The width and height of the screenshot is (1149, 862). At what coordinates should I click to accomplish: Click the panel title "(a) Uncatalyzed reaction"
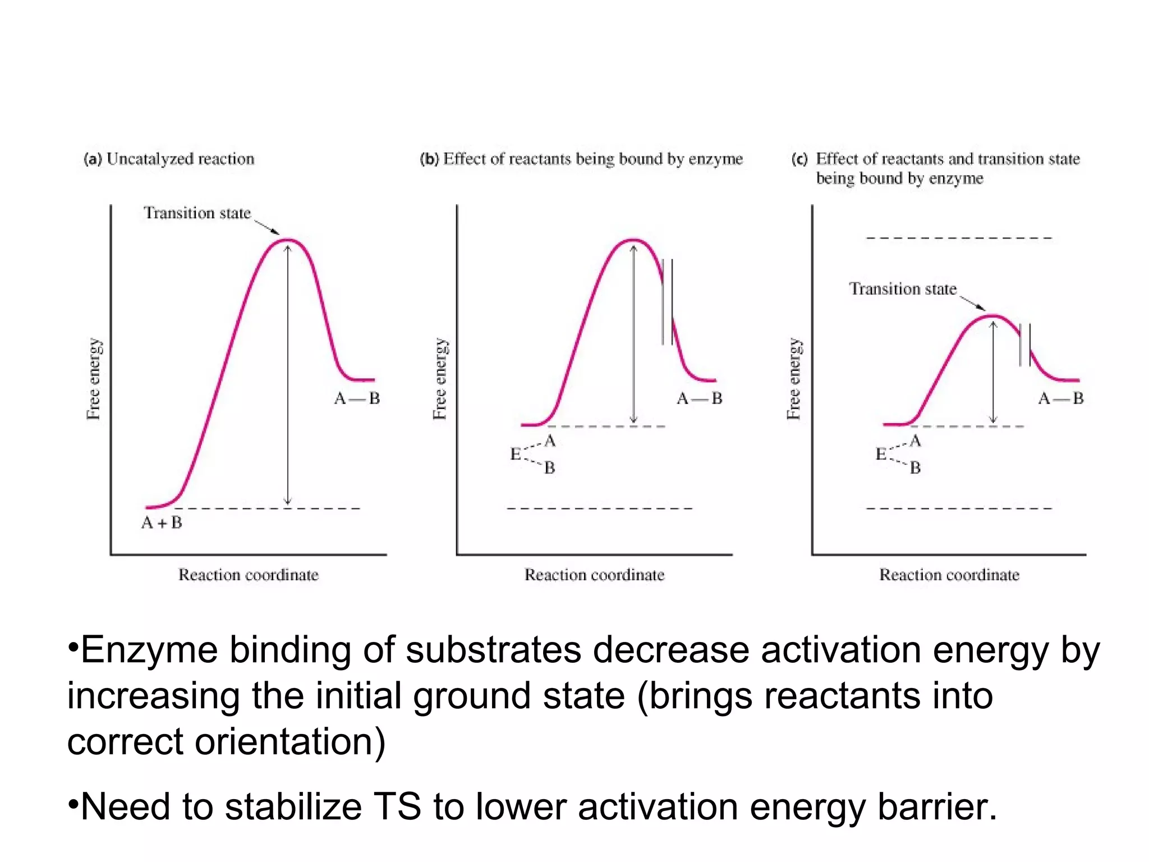(169, 159)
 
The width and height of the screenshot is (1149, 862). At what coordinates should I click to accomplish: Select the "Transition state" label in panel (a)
(197, 213)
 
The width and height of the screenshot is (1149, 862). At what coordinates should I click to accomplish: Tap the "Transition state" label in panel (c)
(902, 289)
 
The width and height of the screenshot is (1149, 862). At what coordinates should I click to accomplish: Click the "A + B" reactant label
(162, 523)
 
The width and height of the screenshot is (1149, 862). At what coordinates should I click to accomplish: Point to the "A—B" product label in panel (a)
(357, 398)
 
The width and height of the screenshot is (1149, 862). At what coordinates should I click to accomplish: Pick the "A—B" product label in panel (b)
(699, 398)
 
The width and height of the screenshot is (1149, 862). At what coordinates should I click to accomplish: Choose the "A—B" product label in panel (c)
(1060, 398)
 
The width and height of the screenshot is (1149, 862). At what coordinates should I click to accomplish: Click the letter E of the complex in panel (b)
(515, 454)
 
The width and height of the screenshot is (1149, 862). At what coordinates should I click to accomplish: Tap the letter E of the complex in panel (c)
(881, 454)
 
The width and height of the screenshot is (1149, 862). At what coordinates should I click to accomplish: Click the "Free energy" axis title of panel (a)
(94, 379)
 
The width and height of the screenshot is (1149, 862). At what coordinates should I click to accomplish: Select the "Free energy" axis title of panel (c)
(793, 379)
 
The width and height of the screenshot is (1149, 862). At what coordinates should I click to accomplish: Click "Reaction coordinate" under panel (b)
(594, 575)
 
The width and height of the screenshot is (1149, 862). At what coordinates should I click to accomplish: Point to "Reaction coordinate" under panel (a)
(248, 575)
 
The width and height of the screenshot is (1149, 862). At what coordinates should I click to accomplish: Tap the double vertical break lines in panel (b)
(667, 302)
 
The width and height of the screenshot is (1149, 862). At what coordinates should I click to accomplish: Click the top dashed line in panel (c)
(958, 238)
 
